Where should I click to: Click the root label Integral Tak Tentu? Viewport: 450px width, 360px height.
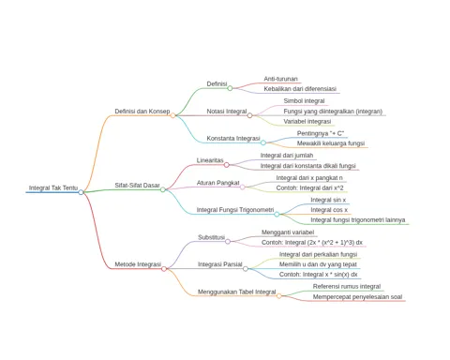click(x=53, y=187)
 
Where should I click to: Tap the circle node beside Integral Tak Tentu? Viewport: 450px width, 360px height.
click(x=81, y=192)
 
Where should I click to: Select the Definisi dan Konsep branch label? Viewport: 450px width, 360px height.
click(x=142, y=112)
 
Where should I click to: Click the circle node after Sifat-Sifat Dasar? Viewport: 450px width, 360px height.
click(x=163, y=189)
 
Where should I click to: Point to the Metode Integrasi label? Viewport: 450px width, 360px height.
click(x=138, y=264)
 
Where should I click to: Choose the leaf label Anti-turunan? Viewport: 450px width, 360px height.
click(x=280, y=79)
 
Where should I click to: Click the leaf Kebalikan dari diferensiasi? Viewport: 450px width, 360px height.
click(x=300, y=89)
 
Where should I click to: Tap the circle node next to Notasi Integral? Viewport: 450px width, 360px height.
click(x=249, y=115)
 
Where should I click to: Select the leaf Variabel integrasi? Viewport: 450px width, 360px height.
click(x=307, y=121)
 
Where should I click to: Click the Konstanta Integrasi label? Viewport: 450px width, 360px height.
click(x=233, y=138)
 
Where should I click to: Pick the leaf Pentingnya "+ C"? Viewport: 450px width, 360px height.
click(x=321, y=133)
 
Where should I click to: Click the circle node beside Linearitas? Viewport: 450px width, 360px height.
click(x=227, y=165)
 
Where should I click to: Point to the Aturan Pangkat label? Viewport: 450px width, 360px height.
click(x=218, y=183)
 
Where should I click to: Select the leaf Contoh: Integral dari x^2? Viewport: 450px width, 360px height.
click(x=309, y=188)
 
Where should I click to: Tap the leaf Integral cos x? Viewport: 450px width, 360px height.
click(x=329, y=210)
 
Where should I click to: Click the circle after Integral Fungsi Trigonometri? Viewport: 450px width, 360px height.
click(x=277, y=214)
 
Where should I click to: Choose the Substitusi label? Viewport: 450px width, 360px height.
click(x=212, y=237)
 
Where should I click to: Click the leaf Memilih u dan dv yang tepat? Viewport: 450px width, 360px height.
click(x=318, y=264)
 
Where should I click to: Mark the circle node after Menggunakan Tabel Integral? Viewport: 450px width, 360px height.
click(x=278, y=296)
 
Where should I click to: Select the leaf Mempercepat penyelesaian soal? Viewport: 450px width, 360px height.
click(x=357, y=297)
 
